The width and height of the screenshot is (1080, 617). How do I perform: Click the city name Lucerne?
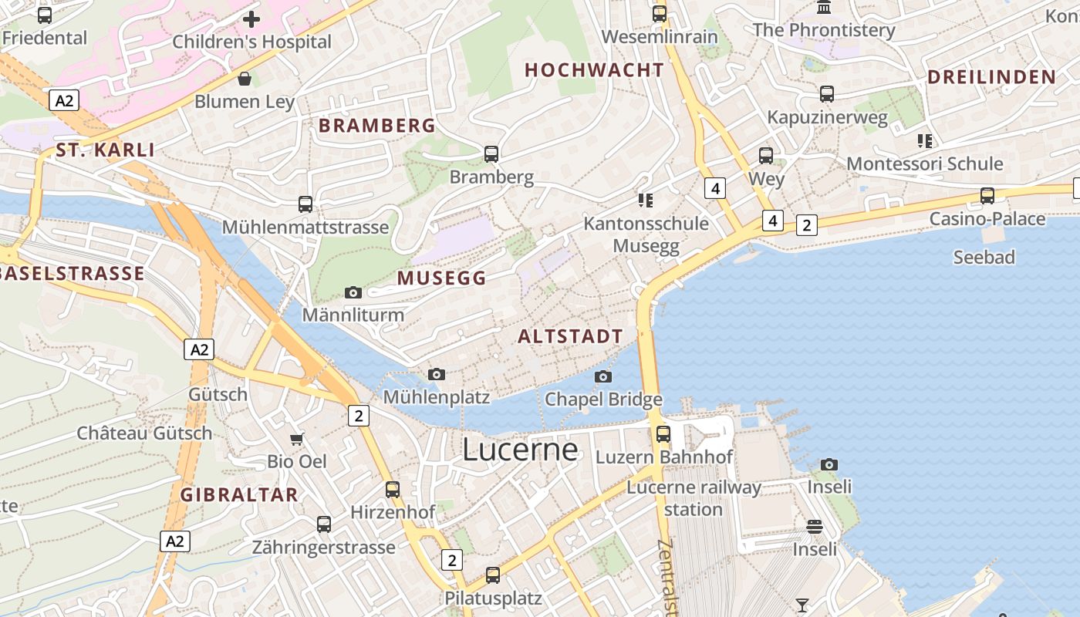(x=520, y=450)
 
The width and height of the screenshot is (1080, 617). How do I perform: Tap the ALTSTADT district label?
(x=570, y=336)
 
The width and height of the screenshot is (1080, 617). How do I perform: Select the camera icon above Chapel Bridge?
(x=603, y=376)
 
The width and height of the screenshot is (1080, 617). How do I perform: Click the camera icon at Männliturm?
(x=353, y=292)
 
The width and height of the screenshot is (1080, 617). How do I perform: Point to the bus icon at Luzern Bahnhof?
(x=663, y=433)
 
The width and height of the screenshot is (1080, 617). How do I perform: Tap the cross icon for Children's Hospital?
(x=251, y=19)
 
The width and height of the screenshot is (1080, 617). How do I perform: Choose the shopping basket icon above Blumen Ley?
(x=245, y=79)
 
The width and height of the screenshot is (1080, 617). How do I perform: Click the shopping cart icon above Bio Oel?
(x=297, y=440)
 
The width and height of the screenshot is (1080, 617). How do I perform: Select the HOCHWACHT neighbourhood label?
(x=594, y=70)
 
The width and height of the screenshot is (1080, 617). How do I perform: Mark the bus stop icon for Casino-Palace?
(x=987, y=196)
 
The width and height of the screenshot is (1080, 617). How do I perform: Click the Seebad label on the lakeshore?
(x=984, y=257)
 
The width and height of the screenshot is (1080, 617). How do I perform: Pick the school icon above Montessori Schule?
(x=925, y=140)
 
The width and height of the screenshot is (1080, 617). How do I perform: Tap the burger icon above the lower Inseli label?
(x=815, y=527)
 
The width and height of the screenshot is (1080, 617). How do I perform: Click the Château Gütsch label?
(x=144, y=433)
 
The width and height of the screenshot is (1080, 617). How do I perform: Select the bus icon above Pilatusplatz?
(x=493, y=575)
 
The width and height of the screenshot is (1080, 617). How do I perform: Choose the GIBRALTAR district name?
(x=239, y=495)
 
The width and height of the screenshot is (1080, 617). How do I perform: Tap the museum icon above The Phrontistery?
(x=824, y=8)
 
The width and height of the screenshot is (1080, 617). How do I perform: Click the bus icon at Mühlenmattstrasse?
(x=305, y=204)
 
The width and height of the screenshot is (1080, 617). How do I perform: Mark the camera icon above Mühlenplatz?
(x=437, y=374)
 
